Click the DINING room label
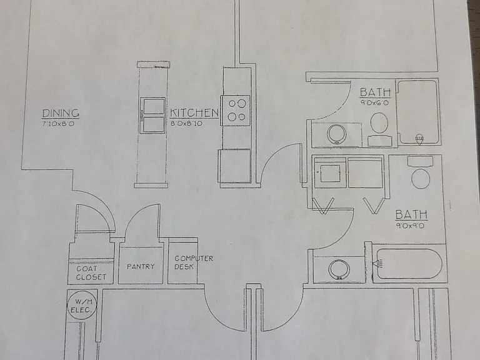click(x=61, y=113)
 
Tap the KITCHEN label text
click(x=194, y=112)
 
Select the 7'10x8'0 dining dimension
click(x=58, y=124)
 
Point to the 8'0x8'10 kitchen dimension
click(x=186, y=124)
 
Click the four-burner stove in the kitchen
click(x=236, y=111)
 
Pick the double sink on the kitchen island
click(x=152, y=115)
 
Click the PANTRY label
click(x=141, y=267)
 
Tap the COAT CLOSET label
click(x=91, y=273)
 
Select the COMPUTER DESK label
click(x=194, y=262)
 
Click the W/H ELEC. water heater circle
click(x=82, y=304)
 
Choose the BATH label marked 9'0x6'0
click(x=375, y=92)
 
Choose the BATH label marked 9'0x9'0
click(x=411, y=214)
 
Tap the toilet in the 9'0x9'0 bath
click(x=420, y=172)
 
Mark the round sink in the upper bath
click(x=337, y=134)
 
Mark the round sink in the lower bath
click(x=339, y=269)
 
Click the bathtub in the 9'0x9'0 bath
click(x=409, y=264)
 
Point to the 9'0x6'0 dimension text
click(x=375, y=103)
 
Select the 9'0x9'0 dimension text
click(x=410, y=226)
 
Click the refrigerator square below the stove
click(x=235, y=166)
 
